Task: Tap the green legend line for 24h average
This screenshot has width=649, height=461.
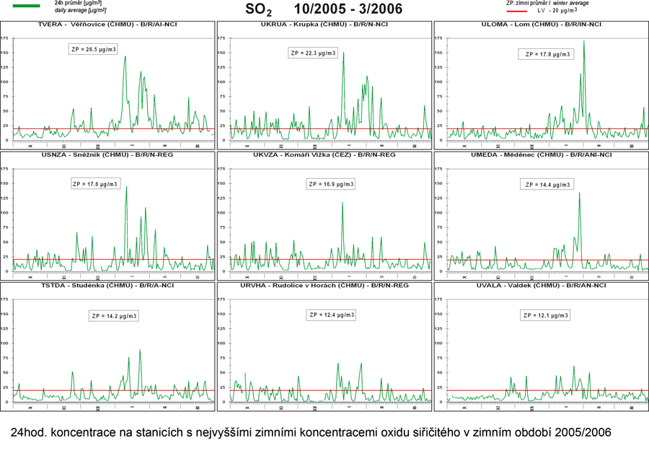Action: point(27,6)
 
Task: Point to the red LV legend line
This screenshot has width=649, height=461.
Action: point(521,12)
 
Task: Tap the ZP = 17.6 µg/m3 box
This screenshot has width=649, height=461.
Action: point(96,184)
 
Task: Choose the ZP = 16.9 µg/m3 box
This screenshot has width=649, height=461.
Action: point(332,184)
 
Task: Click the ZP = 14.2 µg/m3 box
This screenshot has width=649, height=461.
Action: point(114,316)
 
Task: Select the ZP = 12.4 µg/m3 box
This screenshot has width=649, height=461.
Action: point(332,315)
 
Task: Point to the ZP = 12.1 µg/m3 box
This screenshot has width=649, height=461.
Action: point(545,315)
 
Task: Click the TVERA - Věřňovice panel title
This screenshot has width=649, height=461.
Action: point(108,25)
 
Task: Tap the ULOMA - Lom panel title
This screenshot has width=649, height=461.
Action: point(541,25)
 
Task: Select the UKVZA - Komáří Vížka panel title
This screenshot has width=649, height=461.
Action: point(324,154)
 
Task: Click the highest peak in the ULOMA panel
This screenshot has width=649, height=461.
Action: point(583,42)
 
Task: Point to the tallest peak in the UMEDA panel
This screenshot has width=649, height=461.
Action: point(579,193)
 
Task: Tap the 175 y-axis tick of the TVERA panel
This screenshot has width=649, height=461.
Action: point(5,38)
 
